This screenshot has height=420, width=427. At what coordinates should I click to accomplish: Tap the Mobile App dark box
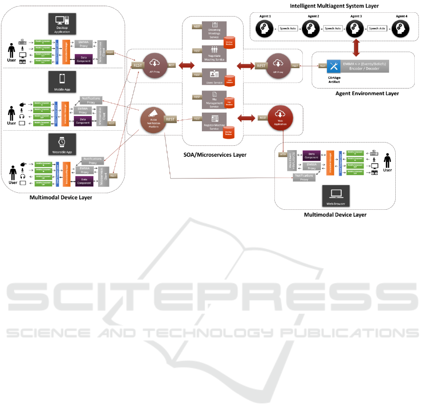[63, 81]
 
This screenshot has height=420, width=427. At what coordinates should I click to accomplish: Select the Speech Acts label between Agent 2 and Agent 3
[333, 29]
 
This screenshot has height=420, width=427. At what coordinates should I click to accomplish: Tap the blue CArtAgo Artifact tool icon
[334, 66]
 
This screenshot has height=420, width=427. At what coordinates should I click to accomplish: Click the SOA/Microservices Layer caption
[215, 154]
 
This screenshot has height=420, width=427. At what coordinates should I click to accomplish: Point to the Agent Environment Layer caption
[367, 93]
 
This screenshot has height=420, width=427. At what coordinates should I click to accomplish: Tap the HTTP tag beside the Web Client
[282, 154]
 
